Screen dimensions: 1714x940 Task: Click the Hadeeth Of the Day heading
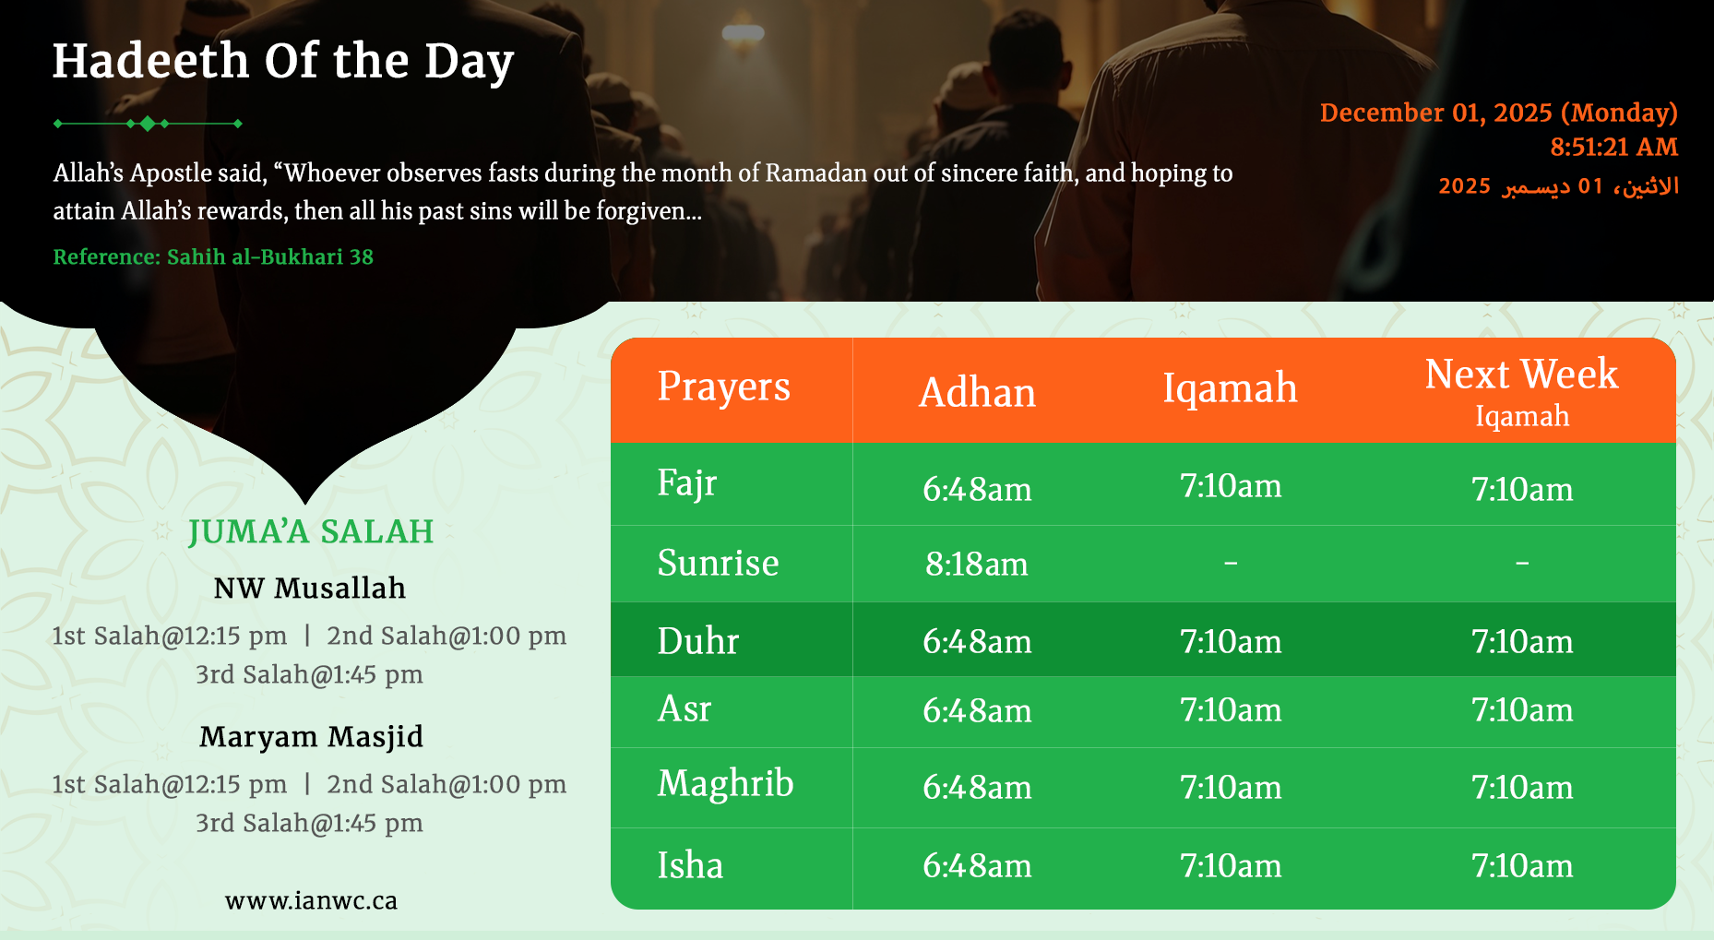282,62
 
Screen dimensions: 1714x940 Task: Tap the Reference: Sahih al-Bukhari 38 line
213,256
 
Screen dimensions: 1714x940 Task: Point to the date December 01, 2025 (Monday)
1498,113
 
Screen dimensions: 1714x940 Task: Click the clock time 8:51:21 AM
1613,147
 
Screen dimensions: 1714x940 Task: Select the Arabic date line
1558,186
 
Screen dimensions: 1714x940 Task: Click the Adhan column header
977,392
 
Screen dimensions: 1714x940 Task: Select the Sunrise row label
718,563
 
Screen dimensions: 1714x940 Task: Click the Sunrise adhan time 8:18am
977,564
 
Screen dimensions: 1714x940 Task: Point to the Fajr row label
686,483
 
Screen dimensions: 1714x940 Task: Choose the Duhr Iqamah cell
1231,641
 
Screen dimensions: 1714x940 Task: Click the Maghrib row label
725,784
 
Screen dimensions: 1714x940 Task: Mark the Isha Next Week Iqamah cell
1522,865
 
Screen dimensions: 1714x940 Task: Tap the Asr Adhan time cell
977,710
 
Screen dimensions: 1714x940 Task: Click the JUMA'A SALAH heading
310,531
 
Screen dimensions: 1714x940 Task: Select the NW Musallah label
309,588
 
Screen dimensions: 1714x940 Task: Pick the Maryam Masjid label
311,736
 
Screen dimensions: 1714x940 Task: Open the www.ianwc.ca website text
311,900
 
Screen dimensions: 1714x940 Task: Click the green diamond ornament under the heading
148,124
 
